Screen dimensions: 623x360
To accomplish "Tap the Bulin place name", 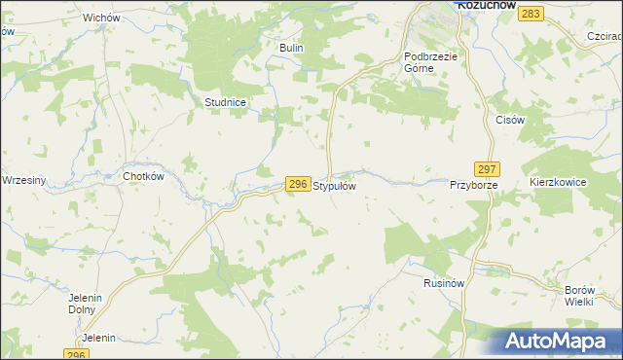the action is (292, 48).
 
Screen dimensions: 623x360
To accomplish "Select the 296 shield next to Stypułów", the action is (298, 183).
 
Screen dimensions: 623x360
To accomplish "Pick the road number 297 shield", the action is (488, 167).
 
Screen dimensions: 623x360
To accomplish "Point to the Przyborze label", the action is (474, 184).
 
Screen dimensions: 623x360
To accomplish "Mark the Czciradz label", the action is (605, 36).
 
